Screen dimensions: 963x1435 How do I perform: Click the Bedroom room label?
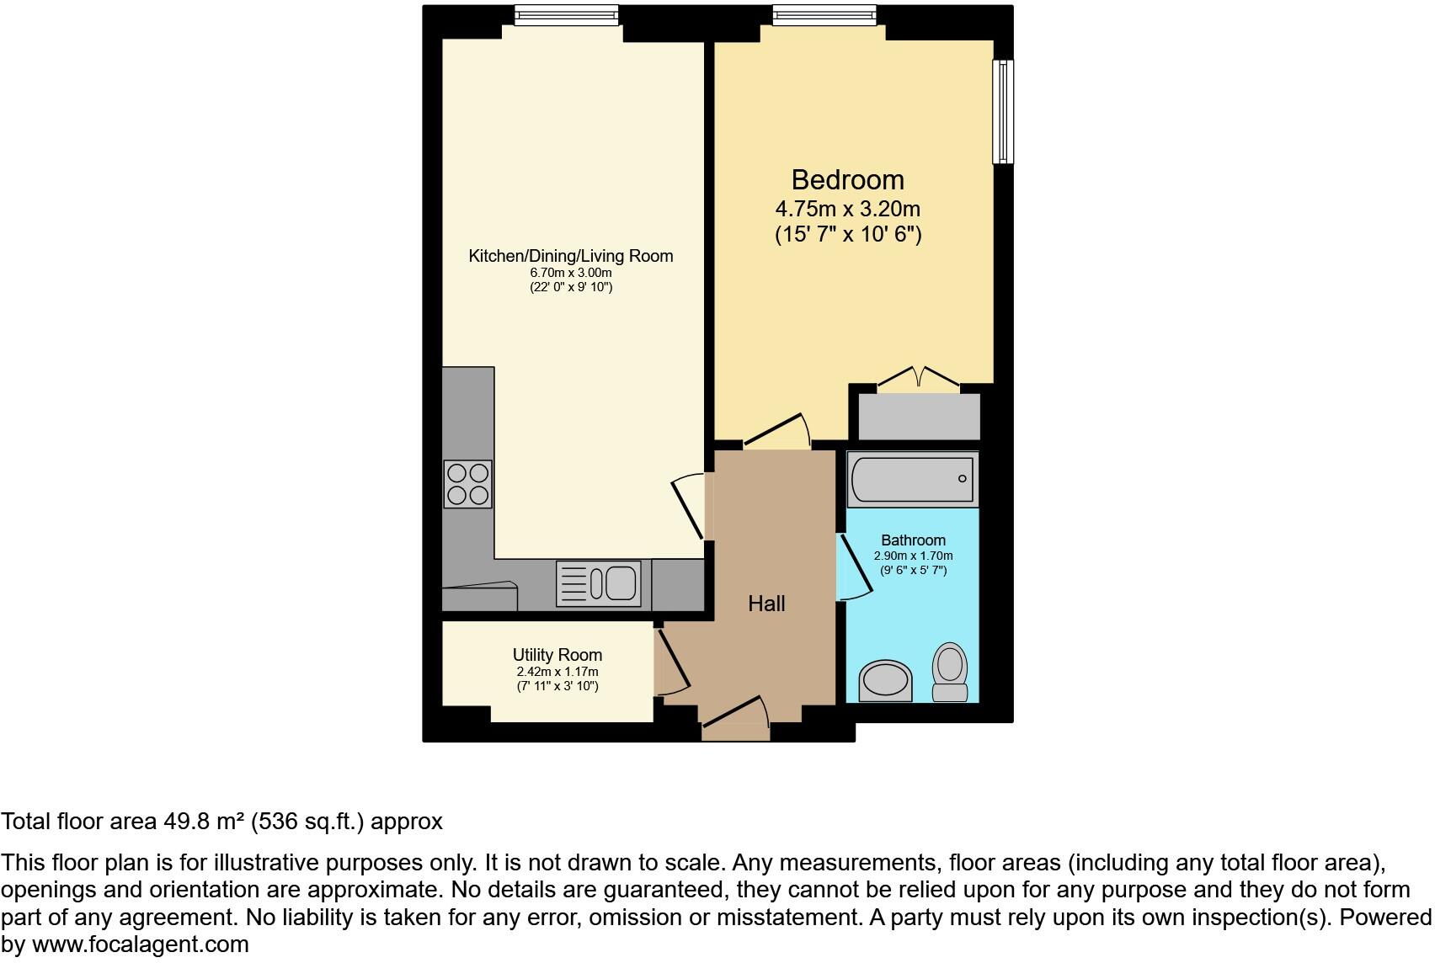tap(847, 179)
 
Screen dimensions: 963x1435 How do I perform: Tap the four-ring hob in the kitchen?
tap(467, 484)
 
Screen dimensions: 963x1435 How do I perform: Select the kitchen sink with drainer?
tap(599, 583)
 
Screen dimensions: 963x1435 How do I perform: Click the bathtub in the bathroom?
tap(912, 479)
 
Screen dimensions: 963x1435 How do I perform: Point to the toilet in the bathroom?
tap(950, 673)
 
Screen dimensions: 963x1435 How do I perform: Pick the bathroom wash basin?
tap(885, 680)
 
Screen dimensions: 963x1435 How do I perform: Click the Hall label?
tap(766, 604)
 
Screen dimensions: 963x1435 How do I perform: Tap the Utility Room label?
tap(557, 655)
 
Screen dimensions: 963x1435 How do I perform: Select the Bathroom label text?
tap(913, 540)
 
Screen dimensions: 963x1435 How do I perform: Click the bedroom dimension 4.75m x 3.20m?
tap(847, 209)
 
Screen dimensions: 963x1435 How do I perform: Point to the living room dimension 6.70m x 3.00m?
tap(570, 273)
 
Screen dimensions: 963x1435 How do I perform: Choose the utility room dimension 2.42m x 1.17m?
tap(557, 672)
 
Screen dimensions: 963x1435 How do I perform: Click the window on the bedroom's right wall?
tap(1002, 111)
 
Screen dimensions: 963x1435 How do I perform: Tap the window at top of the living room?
tap(566, 14)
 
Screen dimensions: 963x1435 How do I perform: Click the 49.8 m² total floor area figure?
tap(202, 822)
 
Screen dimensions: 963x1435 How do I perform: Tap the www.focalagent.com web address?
tap(140, 944)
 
